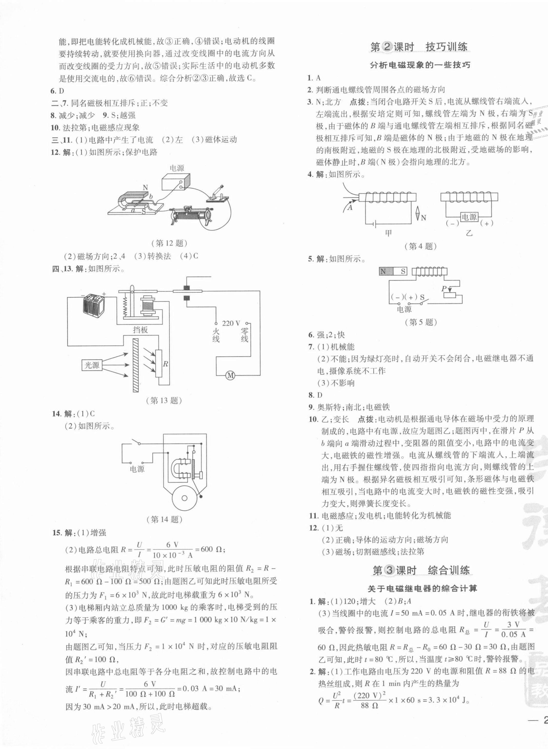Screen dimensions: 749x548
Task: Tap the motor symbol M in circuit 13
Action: click(x=230, y=376)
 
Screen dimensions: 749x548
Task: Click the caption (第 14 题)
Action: click(x=165, y=519)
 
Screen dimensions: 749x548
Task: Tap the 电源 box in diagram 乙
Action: click(x=469, y=217)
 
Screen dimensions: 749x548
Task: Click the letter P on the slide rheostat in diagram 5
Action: click(x=444, y=289)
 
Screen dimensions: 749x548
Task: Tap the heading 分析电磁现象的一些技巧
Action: click(x=420, y=65)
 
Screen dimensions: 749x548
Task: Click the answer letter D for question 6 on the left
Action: click(x=61, y=91)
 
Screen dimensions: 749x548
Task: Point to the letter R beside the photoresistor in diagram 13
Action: click(x=165, y=364)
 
